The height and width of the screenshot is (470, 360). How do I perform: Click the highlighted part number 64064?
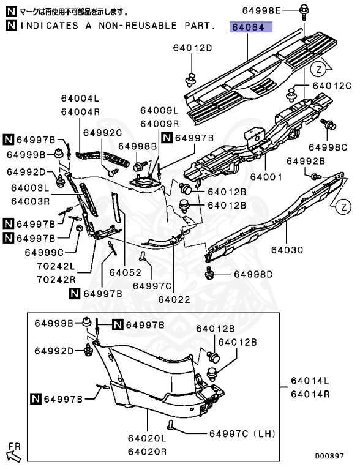[252, 28]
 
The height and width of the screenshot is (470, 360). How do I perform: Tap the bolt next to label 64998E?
[304, 11]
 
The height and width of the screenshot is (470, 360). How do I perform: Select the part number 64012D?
[192, 48]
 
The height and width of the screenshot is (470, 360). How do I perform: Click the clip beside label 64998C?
[331, 126]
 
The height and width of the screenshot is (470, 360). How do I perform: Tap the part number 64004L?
[80, 99]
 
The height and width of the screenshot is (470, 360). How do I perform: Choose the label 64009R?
[159, 123]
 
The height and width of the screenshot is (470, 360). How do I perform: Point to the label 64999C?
[44, 252]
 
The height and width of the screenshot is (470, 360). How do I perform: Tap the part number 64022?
[174, 299]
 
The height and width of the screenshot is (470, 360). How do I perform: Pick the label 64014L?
[310, 381]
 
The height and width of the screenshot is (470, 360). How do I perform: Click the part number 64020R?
[147, 452]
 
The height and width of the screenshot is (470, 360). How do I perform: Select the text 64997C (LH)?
[238, 433]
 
